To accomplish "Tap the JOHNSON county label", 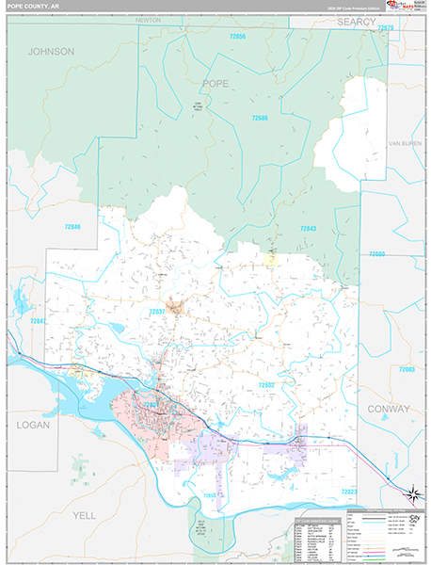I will tap(51, 52).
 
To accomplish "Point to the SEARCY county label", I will tap(358, 21).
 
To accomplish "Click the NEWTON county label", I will tap(149, 19).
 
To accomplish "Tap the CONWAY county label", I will tap(391, 409).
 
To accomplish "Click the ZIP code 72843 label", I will tap(308, 229).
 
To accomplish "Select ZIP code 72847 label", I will tap(38, 321).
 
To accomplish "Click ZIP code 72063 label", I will tap(407, 369).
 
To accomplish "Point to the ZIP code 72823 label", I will tap(349, 491).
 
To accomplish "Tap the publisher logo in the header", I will tap(407, 8).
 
